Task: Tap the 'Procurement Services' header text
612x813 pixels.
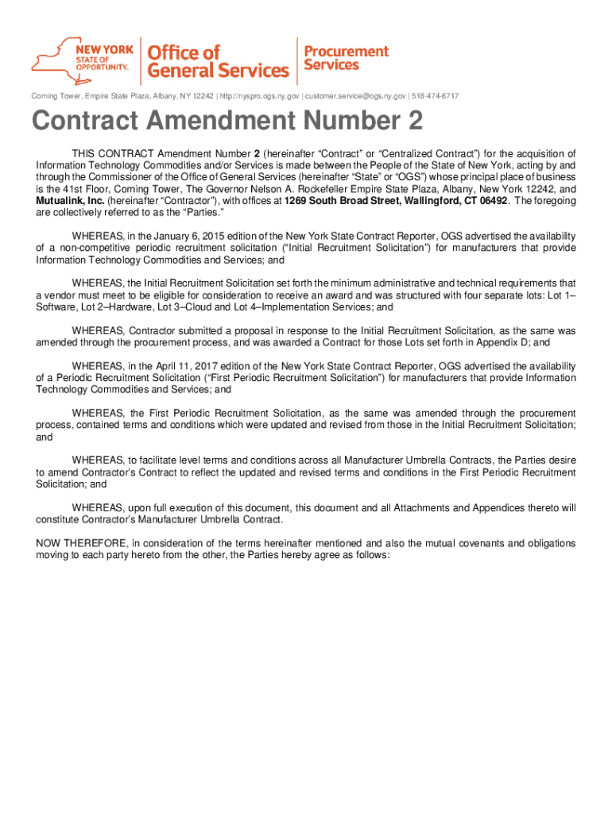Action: pos(347,56)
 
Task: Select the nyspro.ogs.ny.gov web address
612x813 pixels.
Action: pos(260,96)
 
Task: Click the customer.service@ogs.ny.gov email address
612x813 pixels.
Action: pos(356,96)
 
